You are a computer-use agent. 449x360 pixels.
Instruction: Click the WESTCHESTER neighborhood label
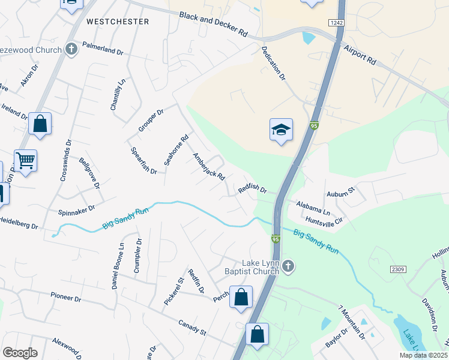click(117, 22)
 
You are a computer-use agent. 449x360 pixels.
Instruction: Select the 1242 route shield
click(336, 22)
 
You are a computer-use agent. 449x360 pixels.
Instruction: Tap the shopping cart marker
click(25, 160)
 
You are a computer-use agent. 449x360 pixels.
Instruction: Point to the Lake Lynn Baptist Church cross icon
click(288, 265)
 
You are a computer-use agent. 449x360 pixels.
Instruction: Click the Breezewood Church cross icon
click(71, 49)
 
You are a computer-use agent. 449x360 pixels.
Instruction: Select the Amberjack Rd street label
click(208, 167)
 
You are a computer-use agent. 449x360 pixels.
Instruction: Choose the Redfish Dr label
click(252, 190)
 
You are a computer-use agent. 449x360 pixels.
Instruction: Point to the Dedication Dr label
click(273, 64)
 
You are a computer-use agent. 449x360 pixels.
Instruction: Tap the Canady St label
click(192, 328)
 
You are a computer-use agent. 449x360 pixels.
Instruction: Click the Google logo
click(19, 353)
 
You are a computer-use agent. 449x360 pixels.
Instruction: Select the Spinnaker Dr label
click(76, 210)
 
